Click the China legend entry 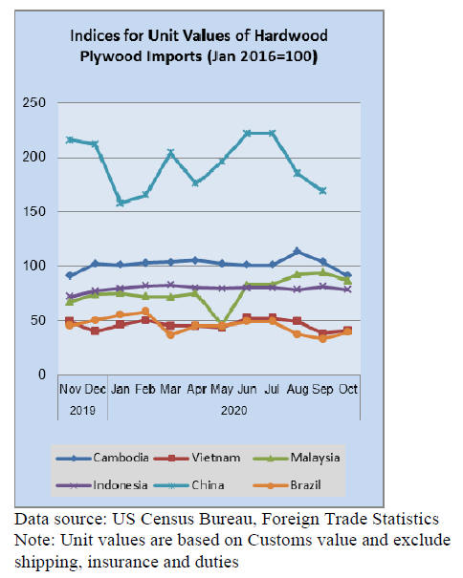pyautogui.click(x=188, y=485)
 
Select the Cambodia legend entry pyautogui.click(x=102, y=458)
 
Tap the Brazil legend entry pyautogui.click(x=287, y=485)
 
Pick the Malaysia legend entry pyautogui.click(x=297, y=458)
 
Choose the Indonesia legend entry pyautogui.click(x=102, y=485)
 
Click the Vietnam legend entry pyautogui.click(x=197, y=458)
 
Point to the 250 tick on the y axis pyautogui.click(x=34, y=102)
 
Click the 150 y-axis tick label pyautogui.click(x=34, y=211)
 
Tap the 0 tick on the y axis pyautogui.click(x=42, y=375)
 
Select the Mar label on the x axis pyautogui.click(x=170, y=389)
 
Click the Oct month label pyautogui.click(x=348, y=389)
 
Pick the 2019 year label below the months pyautogui.click(x=82, y=410)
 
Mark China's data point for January pyautogui.click(x=120, y=203)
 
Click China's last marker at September pyautogui.click(x=322, y=190)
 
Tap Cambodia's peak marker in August pyautogui.click(x=297, y=251)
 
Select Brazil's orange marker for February pyautogui.click(x=145, y=311)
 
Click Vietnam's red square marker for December pyautogui.click(x=95, y=331)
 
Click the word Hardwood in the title pyautogui.click(x=291, y=35)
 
